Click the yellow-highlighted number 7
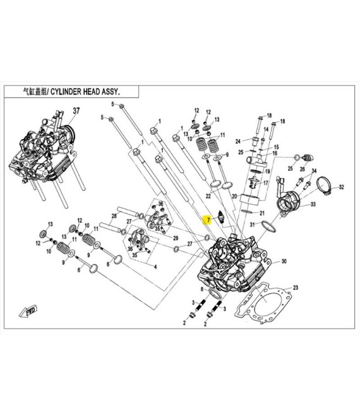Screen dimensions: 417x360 coord(204,220)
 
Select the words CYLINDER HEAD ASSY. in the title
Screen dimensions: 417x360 coord(86,92)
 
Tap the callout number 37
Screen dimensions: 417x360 coord(77,111)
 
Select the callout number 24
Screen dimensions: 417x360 coord(238,141)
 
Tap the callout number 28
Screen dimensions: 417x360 coord(115,217)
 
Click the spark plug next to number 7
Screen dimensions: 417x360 coord(221,217)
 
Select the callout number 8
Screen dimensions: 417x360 coord(201,289)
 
